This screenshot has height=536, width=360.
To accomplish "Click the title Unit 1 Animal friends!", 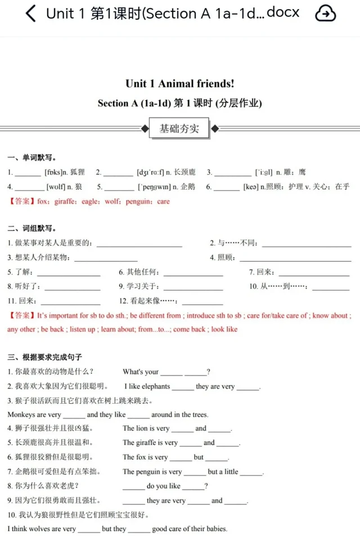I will click(179, 84).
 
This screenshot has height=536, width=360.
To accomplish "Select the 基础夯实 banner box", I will click(179, 128).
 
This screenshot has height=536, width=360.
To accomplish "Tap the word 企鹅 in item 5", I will click(188, 186).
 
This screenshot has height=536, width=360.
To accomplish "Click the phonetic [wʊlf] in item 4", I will click(56, 186).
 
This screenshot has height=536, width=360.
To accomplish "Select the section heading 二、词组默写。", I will click(31, 229).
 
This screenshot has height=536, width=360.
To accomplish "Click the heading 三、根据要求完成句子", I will click(45, 357).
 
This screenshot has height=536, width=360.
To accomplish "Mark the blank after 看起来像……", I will click(202, 301).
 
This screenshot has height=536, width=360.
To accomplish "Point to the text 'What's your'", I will click(141, 372).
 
